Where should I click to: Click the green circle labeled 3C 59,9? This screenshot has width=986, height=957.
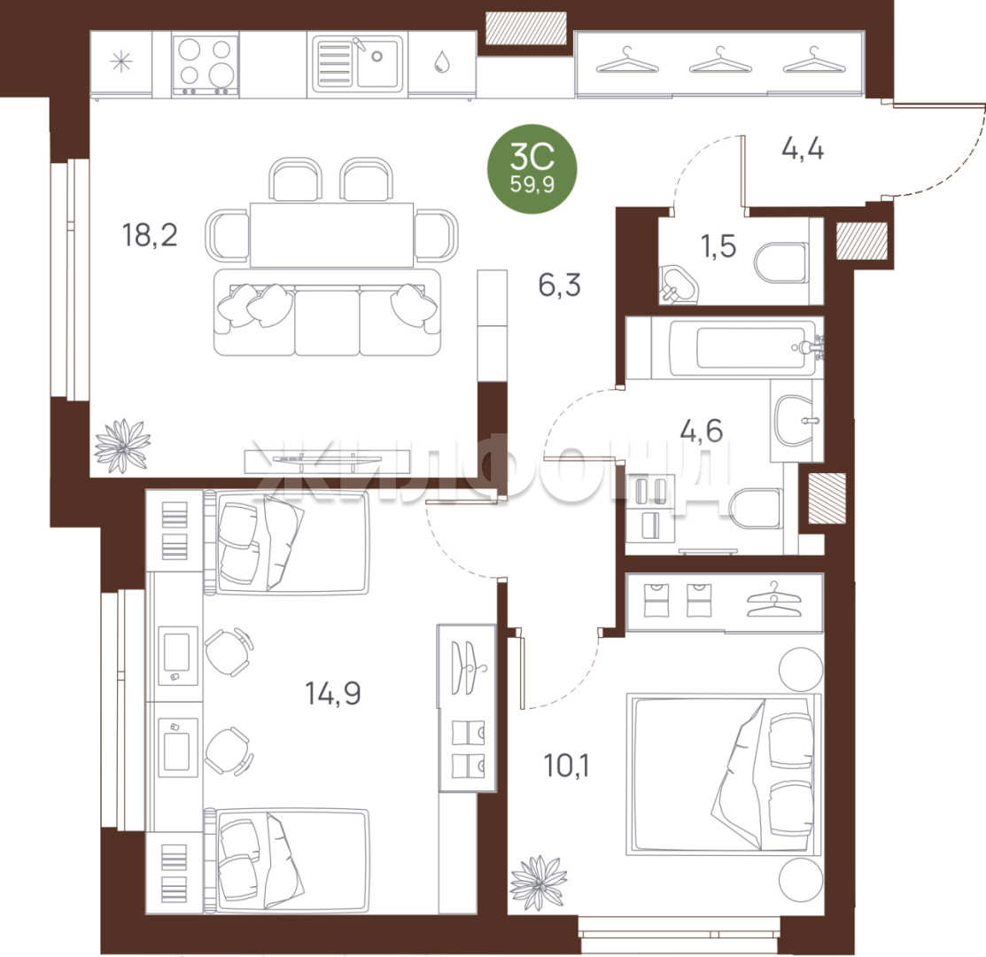tap(532, 168)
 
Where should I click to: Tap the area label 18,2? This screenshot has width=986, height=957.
tap(150, 235)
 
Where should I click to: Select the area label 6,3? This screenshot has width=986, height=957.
tap(559, 284)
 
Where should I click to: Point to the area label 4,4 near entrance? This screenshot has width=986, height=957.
tap(803, 149)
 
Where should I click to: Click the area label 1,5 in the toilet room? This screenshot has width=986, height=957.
tap(718, 245)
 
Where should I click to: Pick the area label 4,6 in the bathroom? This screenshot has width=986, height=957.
tap(701, 431)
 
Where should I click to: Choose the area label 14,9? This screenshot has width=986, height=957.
tap(332, 694)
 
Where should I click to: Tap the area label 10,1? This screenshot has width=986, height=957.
tap(567, 766)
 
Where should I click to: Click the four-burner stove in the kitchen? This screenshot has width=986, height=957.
tap(205, 66)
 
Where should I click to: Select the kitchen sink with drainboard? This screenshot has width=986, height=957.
tap(356, 63)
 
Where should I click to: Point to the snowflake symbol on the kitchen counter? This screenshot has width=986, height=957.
tap(120, 62)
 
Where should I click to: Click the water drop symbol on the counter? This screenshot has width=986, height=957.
tap(442, 61)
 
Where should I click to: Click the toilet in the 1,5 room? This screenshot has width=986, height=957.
tap(781, 263)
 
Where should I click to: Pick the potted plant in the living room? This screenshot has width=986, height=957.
tap(122, 446)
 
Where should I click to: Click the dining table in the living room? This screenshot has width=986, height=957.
tap(332, 235)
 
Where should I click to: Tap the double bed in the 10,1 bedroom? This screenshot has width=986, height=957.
tap(724, 774)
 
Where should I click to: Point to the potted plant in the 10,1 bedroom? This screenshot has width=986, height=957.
tap(538, 882)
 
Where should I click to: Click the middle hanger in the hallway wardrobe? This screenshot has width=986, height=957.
tap(720, 61)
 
